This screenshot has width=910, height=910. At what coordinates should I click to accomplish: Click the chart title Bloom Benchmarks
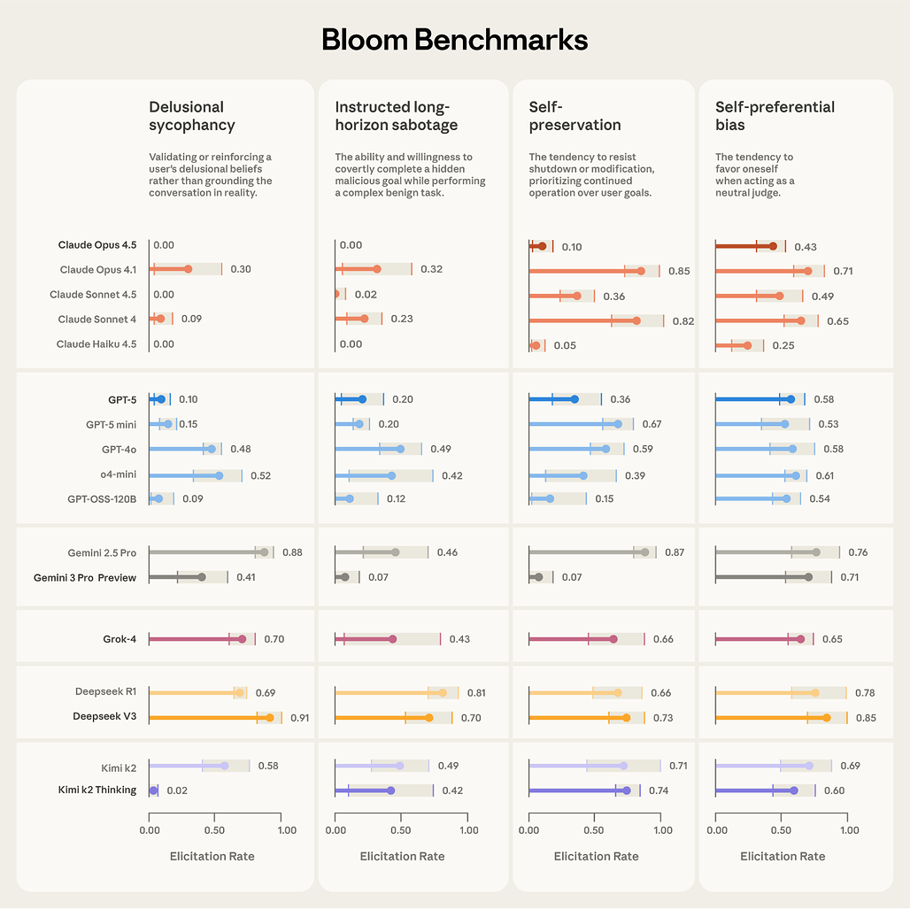point(454,40)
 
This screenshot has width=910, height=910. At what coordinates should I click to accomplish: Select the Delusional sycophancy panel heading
point(192,116)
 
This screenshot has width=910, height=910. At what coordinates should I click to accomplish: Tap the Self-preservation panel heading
point(575,116)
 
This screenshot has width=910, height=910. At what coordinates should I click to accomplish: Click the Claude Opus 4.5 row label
point(97,245)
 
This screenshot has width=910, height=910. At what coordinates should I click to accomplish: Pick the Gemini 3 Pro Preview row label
point(85,577)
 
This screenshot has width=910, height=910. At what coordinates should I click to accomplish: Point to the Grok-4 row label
point(120,638)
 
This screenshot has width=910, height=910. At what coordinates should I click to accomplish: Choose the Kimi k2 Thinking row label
point(97,790)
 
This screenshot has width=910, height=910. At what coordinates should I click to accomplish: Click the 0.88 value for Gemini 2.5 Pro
point(292,552)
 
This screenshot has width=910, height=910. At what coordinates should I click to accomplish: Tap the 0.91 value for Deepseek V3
point(300,717)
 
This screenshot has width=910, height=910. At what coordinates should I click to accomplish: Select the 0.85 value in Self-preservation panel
point(679,271)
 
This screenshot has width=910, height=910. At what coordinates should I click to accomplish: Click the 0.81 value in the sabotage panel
point(474,693)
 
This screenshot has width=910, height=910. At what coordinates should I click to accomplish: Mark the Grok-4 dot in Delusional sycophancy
point(242,638)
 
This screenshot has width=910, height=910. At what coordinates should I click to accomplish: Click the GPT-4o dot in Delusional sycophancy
point(212,449)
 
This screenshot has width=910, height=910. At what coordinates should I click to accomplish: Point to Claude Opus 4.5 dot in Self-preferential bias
point(773,246)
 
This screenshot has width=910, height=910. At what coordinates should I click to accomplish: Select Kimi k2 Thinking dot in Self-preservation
point(627,790)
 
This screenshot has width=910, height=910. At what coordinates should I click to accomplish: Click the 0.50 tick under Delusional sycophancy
point(215,830)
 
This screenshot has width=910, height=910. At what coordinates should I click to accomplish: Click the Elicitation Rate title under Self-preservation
point(596,856)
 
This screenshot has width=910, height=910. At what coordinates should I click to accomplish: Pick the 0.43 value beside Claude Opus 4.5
point(805,247)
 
